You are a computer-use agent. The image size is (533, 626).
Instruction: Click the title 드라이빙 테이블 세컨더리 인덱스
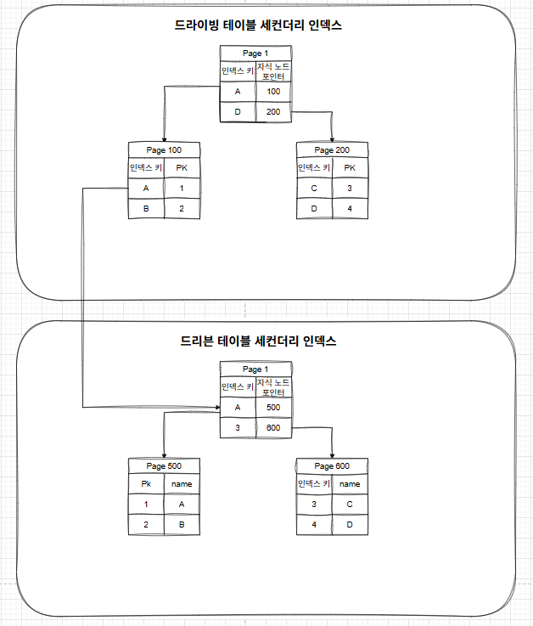pos(264,25)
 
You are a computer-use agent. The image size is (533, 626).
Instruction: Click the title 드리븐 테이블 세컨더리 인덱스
pos(259,341)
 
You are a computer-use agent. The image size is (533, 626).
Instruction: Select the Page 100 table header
pos(164,150)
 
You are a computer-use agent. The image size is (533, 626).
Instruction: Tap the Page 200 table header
pos(332,150)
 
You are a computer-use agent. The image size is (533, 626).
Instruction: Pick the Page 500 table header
pos(164,465)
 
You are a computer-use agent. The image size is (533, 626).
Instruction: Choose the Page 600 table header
pos(332,465)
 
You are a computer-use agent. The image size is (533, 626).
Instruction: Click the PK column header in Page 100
pos(182,168)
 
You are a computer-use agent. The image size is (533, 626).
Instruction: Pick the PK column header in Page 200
pos(349,168)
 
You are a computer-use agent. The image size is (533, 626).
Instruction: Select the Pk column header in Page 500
pos(146,484)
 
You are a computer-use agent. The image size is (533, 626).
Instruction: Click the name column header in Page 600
pos(349,484)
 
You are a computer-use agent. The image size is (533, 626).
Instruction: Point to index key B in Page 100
pos(146,208)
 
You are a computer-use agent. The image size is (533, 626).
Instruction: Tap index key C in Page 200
pos(314,188)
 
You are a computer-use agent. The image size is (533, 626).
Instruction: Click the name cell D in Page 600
pos(349,524)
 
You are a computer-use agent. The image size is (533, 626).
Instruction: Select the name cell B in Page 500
pos(182,524)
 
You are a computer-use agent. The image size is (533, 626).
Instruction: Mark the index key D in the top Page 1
pos(238,112)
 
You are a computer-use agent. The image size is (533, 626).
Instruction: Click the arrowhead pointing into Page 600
pos(332,454)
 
